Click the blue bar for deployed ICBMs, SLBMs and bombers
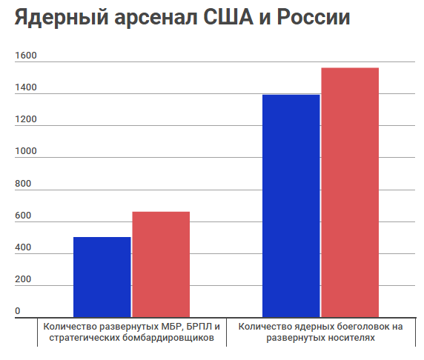click(x=102, y=277)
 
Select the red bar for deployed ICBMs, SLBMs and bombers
click(x=161, y=264)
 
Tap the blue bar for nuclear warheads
click(x=291, y=206)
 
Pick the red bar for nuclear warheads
click(x=350, y=193)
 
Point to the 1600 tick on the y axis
click(x=25, y=56)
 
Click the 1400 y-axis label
click(x=25, y=88)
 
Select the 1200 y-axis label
click(x=25, y=120)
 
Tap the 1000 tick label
click(x=25, y=152)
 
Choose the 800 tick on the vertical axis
click(x=24, y=184)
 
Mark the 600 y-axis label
click(x=24, y=216)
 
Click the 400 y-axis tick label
click(x=24, y=247)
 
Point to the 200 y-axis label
click(x=24, y=279)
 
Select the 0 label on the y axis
click(x=18, y=311)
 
